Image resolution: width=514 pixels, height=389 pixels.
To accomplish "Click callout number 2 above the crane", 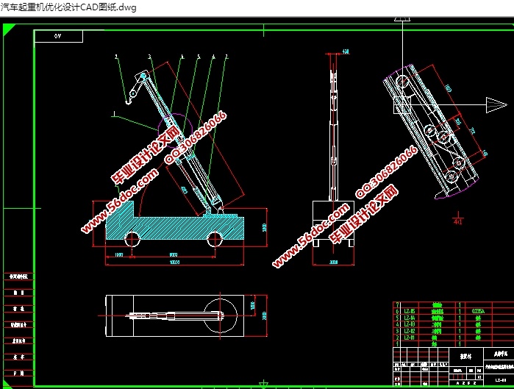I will (116, 56).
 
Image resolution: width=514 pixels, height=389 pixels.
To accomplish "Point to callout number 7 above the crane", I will (226, 56).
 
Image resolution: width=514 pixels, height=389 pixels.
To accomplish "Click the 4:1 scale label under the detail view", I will (458, 220).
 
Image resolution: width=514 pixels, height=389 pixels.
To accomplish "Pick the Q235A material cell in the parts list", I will (477, 310).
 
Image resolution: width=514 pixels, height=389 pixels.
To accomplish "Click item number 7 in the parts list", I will (398, 304).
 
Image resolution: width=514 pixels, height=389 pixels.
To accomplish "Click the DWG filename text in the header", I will (58, 6).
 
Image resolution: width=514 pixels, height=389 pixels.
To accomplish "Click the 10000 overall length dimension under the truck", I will (174, 262).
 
